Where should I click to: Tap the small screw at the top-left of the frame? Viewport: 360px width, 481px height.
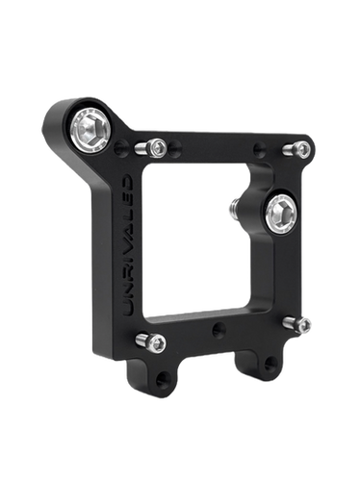154,147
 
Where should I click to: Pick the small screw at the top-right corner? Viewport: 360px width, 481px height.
302,149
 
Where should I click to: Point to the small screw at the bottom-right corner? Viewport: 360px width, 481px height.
304,326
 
